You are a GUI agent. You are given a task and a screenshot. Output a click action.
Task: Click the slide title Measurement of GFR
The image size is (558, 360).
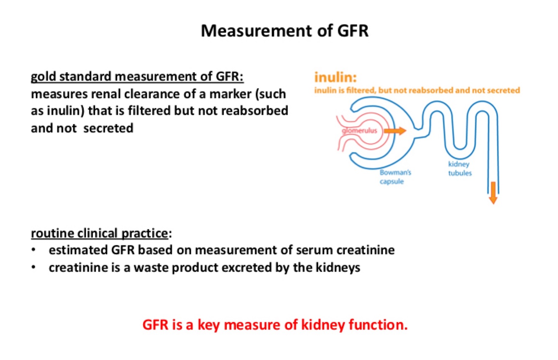pos(284,31)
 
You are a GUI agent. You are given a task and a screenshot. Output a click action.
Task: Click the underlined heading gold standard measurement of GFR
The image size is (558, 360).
pos(137,77)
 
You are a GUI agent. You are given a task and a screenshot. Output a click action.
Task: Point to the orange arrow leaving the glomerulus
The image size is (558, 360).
pos(395,131)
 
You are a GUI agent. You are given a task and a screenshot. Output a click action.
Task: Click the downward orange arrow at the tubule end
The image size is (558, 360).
pos(493,192)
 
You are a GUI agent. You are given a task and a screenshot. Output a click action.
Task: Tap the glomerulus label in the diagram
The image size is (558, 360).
pos(359,130)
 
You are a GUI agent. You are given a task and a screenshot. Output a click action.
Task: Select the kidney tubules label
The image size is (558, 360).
pos(460,169)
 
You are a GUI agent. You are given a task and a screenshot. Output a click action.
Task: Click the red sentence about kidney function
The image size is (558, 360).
pos(275,325)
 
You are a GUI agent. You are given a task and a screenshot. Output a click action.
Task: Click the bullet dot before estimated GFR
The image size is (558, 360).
pos(34,250)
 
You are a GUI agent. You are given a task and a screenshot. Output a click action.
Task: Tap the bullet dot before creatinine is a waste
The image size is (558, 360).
pos(34,268)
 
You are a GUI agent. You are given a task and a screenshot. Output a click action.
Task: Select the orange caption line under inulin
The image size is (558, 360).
pos(417,90)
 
